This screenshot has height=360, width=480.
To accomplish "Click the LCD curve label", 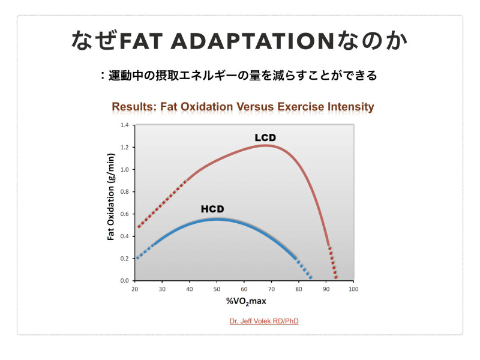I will pyautogui.click(x=265, y=137).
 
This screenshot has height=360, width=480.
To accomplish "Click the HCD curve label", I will pyautogui.click(x=212, y=209).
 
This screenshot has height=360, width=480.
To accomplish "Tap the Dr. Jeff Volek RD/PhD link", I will pyautogui.click(x=264, y=321).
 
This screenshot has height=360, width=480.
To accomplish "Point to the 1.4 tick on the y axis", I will pyautogui.click(x=125, y=125).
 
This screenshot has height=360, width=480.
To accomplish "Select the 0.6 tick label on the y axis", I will pyautogui.click(x=125, y=214).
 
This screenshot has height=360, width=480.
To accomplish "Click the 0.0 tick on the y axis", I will pyautogui.click(x=125, y=281).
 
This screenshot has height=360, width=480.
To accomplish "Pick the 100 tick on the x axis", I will pyautogui.click(x=353, y=289).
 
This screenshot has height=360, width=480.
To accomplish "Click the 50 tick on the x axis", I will pyautogui.click(x=217, y=289).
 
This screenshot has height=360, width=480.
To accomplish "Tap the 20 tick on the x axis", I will pyautogui.click(x=135, y=289).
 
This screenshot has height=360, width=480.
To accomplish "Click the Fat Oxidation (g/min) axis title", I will pyautogui.click(x=111, y=197).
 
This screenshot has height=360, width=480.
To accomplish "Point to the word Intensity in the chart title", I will pyautogui.click(x=350, y=107).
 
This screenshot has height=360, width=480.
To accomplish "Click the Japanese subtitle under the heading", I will pyautogui.click(x=239, y=76).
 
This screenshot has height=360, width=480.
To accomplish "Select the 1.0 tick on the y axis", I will pyautogui.click(x=125, y=170).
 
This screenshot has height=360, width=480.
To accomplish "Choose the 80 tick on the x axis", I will pyautogui.click(x=299, y=289).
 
